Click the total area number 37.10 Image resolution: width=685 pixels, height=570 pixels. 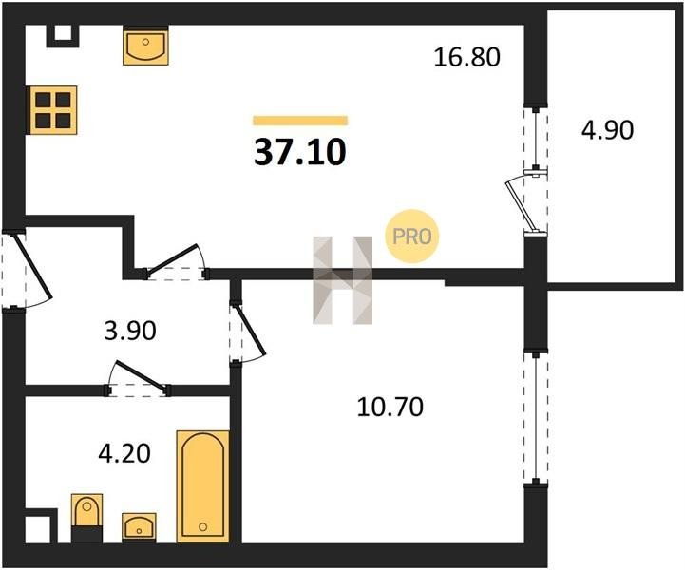pos(300,152)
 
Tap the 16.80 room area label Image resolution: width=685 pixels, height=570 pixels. pos(466,57)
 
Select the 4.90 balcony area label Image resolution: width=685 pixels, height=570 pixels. pos(607,130)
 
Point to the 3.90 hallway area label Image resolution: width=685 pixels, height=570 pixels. pos(130,331)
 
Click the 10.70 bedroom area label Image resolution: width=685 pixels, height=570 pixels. pos(390,407)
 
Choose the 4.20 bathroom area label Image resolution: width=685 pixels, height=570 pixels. pos(124,453)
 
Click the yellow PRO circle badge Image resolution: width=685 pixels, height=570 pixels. pos(411,237)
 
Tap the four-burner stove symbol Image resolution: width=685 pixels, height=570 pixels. pos(52,110)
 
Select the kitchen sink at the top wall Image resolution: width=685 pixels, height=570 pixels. pos(145,46)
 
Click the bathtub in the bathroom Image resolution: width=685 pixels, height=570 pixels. pos(202,486)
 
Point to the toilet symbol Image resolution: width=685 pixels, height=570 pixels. pos(86,518)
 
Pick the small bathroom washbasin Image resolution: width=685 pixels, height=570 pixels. pos(139,527)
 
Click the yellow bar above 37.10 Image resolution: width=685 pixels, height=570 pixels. pos(300,121)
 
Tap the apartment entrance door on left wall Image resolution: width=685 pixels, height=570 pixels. pos(33,267)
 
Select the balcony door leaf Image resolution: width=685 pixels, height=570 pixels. pos(521,205)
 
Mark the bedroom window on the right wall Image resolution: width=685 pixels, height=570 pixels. pos(536,417)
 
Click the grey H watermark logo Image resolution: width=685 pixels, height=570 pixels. pos(342,280)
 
